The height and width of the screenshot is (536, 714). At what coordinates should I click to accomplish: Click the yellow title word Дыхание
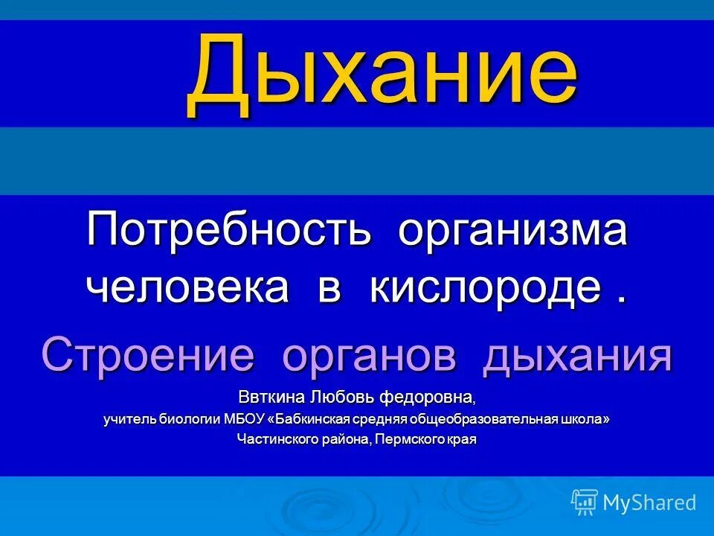(382, 74)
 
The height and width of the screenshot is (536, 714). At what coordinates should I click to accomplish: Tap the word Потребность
(228, 230)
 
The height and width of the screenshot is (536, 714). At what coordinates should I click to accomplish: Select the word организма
(512, 230)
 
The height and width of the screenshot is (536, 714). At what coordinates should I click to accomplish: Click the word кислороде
(485, 287)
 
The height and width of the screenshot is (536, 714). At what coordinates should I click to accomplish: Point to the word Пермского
(410, 439)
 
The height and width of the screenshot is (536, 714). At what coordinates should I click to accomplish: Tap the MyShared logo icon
(585, 502)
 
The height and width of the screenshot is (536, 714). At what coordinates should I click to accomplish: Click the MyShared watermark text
(649, 503)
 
